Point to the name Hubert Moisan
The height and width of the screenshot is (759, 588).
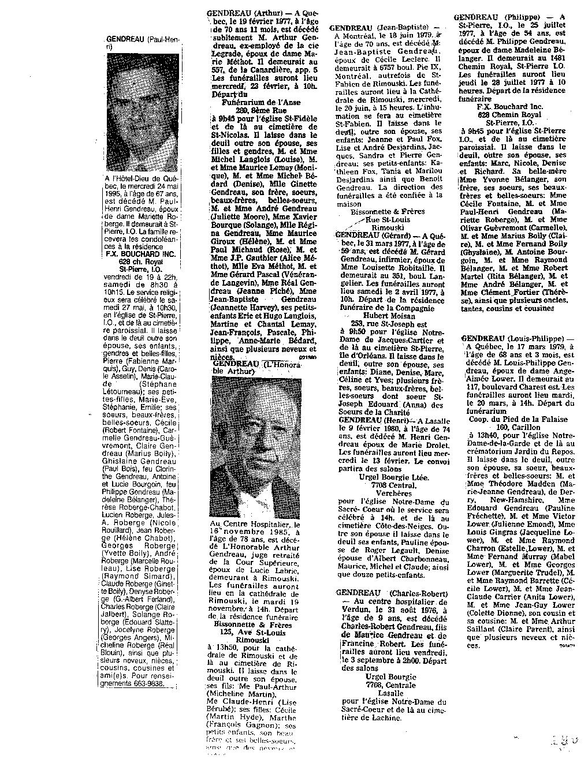pos(386,316)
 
